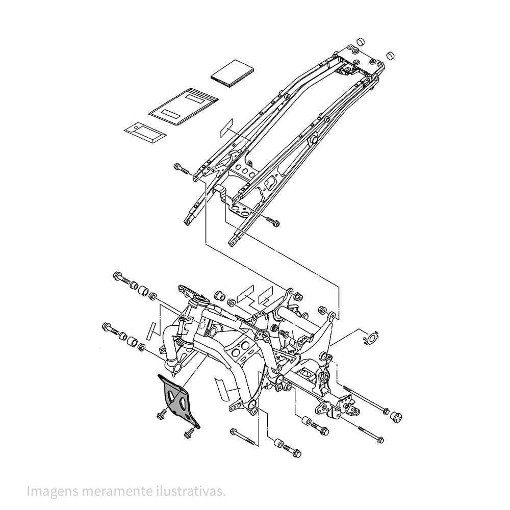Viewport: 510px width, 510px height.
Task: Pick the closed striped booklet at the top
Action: click(233, 74)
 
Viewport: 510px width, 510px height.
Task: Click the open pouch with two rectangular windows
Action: click(184, 106)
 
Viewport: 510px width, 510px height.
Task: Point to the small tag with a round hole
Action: click(145, 133)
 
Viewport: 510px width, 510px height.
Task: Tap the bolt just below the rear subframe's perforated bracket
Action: click(272, 221)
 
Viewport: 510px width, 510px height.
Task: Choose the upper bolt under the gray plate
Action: click(162, 415)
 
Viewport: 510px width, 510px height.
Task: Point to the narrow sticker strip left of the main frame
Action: click(151, 331)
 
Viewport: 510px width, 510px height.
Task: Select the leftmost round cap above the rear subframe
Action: click(361, 42)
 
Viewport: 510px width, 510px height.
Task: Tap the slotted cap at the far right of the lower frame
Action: click(396, 416)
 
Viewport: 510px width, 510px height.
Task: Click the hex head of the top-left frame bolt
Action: click(118, 276)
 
